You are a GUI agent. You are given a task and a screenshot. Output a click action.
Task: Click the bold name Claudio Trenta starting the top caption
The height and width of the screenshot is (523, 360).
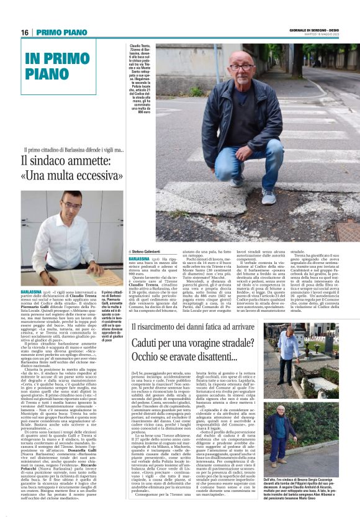click(x=138, y=46)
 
